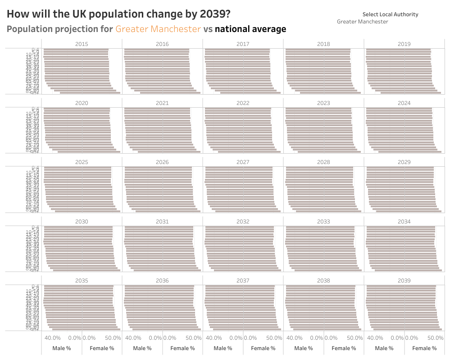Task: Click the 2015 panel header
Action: click(82, 44)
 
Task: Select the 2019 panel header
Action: click(404, 44)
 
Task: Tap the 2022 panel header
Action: click(243, 103)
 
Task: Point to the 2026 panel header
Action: click(162, 162)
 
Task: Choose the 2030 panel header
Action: click(82, 222)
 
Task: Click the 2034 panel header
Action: click(404, 222)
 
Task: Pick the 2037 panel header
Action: click(243, 281)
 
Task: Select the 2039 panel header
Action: click(404, 281)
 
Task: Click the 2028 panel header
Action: click(323, 162)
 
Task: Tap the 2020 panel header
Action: click(82, 103)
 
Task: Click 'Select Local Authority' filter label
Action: click(390, 14)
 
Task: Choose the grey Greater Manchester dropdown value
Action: click(362, 22)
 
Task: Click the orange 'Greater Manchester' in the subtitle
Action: click(158, 29)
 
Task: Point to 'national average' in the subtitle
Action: click(250, 29)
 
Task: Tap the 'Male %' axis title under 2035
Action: click(62, 348)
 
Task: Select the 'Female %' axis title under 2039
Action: click(424, 348)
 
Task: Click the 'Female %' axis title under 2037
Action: click(263, 348)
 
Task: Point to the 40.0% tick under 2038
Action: click(295, 338)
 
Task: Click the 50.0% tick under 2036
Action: click(194, 338)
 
